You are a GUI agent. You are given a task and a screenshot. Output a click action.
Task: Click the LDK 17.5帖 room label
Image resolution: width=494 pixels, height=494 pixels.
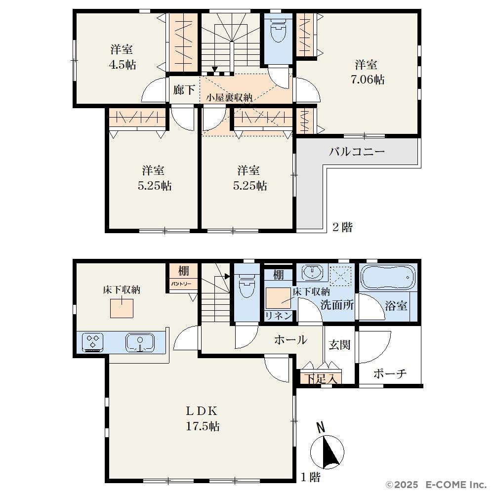pyautogui.click(x=202, y=419)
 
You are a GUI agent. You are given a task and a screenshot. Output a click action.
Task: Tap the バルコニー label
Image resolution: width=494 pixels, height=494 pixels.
pyautogui.click(x=357, y=152)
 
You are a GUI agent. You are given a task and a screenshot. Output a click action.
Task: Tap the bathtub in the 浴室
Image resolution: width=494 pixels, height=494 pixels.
pyautogui.click(x=388, y=278)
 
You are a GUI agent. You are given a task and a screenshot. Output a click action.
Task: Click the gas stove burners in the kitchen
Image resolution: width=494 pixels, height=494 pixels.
pyautogui.click(x=93, y=342)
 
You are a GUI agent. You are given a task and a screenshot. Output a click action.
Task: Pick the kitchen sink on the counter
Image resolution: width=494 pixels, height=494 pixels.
pyautogui.click(x=140, y=343)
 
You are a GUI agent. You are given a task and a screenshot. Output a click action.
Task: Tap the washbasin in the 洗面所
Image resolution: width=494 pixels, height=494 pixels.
pyautogui.click(x=312, y=272)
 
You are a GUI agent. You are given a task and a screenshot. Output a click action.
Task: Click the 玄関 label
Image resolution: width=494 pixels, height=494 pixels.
pyautogui.click(x=339, y=345)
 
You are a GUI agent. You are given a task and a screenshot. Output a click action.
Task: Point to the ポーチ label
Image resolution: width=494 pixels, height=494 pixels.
pyautogui.click(x=390, y=373)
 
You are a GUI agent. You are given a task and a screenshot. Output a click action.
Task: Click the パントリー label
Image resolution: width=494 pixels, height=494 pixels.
pyautogui.click(x=181, y=284)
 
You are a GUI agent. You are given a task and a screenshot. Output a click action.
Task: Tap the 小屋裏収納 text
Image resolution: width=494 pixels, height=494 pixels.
pyautogui.click(x=229, y=98)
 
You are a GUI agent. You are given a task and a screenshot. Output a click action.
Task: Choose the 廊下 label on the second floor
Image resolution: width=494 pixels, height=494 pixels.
pyautogui.click(x=184, y=90)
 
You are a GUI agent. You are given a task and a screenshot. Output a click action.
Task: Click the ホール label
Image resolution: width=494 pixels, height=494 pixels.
pyautogui.click(x=290, y=340)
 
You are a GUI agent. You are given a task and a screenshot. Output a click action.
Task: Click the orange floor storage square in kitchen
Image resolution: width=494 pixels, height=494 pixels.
pyautogui.click(x=122, y=308)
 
